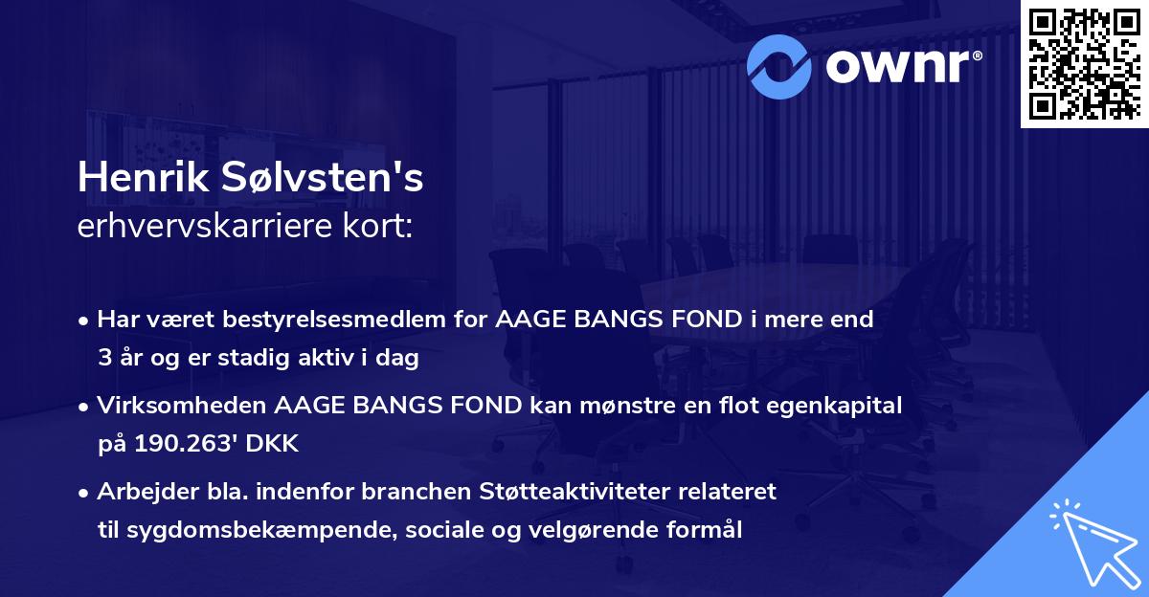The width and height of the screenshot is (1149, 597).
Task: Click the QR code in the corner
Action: (1085, 63)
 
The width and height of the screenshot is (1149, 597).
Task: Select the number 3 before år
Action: (103, 359)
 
